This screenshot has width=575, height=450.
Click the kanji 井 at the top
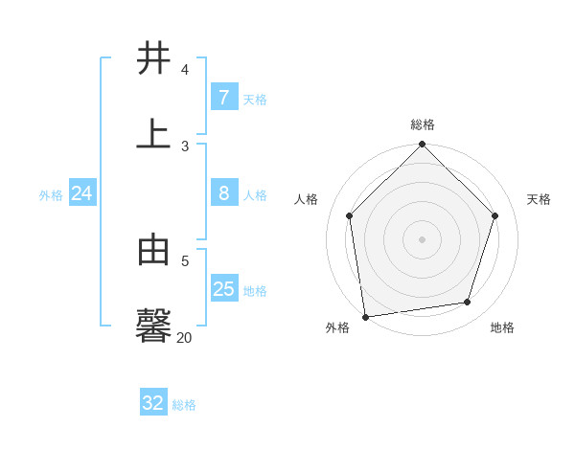[153, 58]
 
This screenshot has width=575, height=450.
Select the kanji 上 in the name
[153, 133]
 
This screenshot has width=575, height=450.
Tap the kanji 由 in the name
[153, 250]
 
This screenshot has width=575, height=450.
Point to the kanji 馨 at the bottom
[153, 325]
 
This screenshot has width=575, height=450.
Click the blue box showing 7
[223, 97]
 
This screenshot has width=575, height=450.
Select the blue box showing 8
[223, 193]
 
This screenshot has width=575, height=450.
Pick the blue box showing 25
[223, 288]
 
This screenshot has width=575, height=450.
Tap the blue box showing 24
[81, 193]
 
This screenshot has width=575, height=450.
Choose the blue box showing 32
[153, 403]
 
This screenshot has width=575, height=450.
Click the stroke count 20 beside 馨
[185, 337]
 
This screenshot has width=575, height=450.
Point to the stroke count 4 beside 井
[185, 70]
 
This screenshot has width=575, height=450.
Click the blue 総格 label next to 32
[184, 405]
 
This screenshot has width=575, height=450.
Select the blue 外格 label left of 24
[51, 195]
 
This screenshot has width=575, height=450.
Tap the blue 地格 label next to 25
[255, 291]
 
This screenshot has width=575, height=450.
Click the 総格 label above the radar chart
[422, 124]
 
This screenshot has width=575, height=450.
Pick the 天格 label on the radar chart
[539, 199]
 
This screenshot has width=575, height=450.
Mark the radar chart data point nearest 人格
[350, 216]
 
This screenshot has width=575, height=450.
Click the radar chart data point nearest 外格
[365, 316]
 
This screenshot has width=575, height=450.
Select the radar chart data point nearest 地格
[468, 303]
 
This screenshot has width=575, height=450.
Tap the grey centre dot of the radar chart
[422, 239]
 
